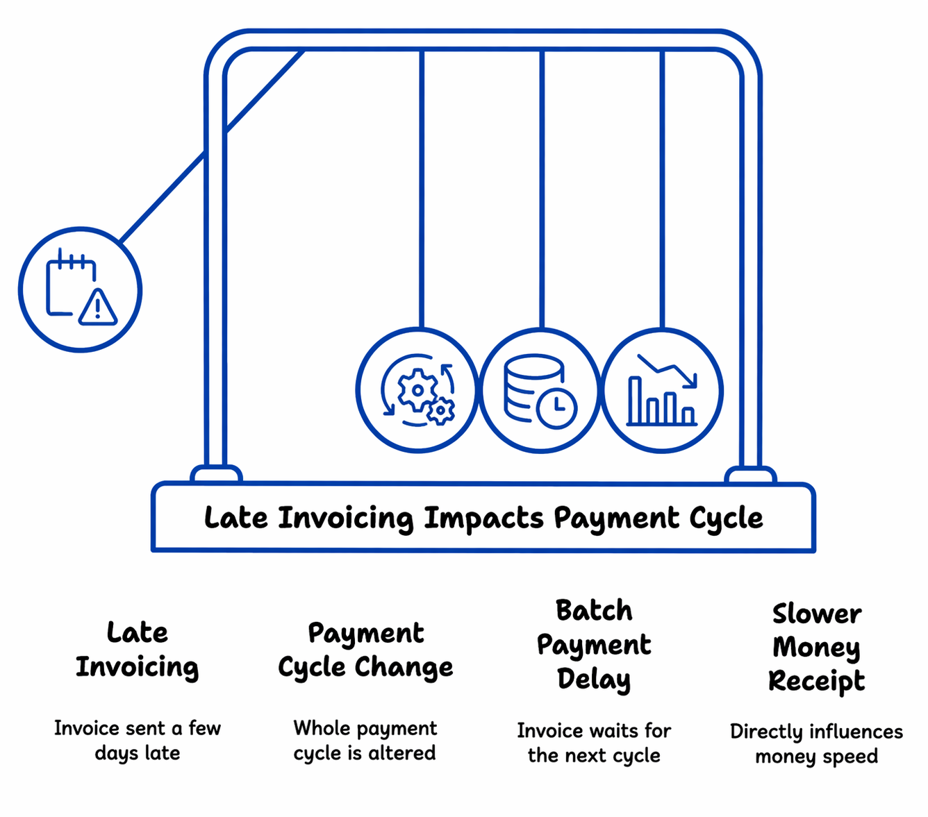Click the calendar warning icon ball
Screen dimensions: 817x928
pyautogui.click(x=80, y=290)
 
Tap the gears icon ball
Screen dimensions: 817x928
pyautogui.click(x=417, y=391)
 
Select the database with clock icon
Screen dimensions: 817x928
pyautogui.click(x=540, y=391)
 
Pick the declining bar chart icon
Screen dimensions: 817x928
pyautogui.click(x=662, y=391)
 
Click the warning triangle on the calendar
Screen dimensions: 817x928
pyautogui.click(x=98, y=308)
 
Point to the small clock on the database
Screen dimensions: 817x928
pyautogui.click(x=556, y=407)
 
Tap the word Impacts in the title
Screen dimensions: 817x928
pyautogui.click(x=484, y=519)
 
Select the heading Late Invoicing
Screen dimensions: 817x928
pyautogui.click(x=138, y=650)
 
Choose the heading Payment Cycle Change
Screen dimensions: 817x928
pyautogui.click(x=365, y=650)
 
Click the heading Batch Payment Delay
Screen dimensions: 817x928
pyautogui.click(x=594, y=645)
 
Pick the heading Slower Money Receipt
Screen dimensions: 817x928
pyautogui.click(x=817, y=647)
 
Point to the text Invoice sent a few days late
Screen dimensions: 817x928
pyautogui.click(x=138, y=740)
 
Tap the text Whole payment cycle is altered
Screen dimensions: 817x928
pyautogui.click(x=365, y=740)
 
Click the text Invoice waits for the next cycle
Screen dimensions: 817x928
pyautogui.click(x=594, y=743)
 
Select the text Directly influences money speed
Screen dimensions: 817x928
pyautogui.click(x=817, y=743)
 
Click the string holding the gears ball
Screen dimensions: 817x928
pyautogui.click(x=421, y=187)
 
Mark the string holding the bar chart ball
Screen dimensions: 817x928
pyautogui.click(x=662, y=187)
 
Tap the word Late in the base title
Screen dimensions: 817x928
pyautogui.click(x=236, y=519)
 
